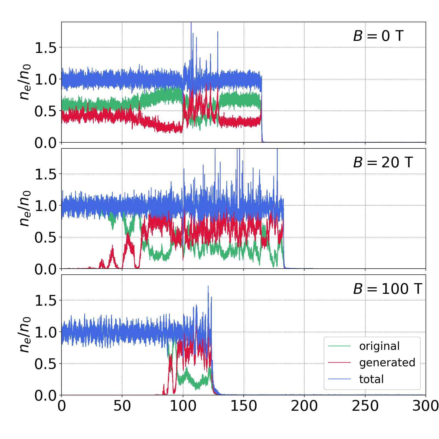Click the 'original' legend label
click(379, 346)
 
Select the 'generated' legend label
click(387, 363)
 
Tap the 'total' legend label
click(371, 379)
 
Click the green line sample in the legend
click(339, 346)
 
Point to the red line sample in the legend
click(339, 363)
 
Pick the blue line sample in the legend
click(339, 379)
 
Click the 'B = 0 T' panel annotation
click(378, 36)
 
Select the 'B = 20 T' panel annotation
click(383, 162)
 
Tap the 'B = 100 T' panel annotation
click(387, 289)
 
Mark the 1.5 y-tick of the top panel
click(45, 48)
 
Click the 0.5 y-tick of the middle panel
click(45, 238)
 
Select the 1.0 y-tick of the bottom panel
click(45, 332)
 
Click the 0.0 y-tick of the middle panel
click(45, 269)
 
